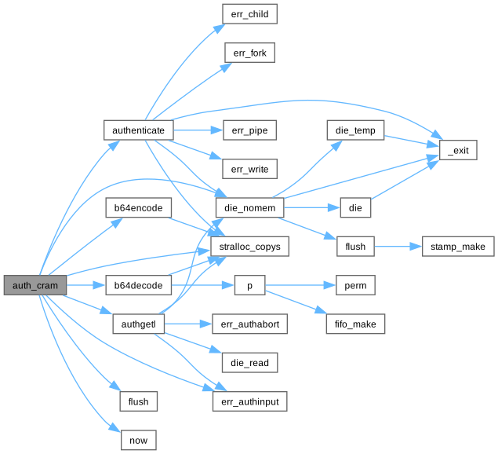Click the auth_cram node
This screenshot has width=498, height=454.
[x=35, y=285]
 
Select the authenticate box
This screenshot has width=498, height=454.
[x=138, y=129]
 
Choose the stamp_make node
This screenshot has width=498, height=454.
[x=458, y=247]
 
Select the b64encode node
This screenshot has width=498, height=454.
[x=138, y=207]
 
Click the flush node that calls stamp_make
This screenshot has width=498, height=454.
[x=355, y=247]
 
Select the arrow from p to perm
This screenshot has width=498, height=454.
[x=299, y=285]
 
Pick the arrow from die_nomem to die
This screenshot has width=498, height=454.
[x=311, y=207]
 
